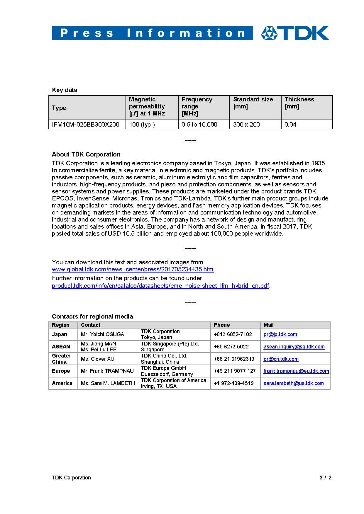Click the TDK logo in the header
coord(295,33)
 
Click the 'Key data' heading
coord(65,90)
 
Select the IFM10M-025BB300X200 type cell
coord(86,125)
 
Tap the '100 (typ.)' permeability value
coord(142,125)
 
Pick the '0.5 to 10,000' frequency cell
coord(199,125)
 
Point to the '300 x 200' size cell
coord(246,125)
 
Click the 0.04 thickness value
coord(290,125)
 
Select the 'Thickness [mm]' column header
coord(299,103)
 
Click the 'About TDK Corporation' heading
coord(86,154)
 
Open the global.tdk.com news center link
coord(133,269)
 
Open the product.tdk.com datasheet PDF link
coord(160,286)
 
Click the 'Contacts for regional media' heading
coord(92,316)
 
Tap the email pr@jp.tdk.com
coord(280,334)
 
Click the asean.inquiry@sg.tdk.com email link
coord(294,347)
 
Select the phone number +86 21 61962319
coord(234,359)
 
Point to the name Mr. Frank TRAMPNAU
coord(107,371)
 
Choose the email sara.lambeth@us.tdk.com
coord(294,383)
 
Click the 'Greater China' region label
coord(61,359)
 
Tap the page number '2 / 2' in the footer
coord(325,478)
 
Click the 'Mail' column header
coord(268,325)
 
